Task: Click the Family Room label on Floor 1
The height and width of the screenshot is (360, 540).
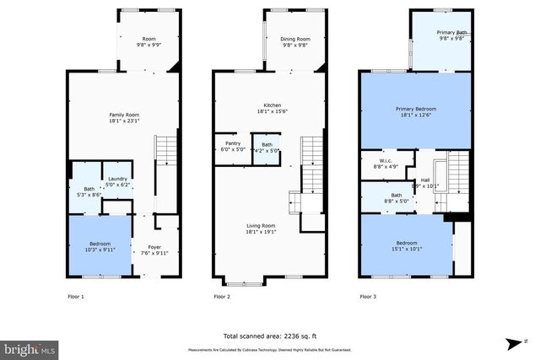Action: pos(124,117)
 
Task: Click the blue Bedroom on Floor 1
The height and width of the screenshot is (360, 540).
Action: pos(99,246)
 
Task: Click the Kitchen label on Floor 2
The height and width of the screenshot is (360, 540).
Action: pos(269,108)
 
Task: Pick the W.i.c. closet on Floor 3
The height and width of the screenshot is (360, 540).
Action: pos(386,164)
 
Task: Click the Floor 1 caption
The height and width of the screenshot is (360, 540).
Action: pos(76,297)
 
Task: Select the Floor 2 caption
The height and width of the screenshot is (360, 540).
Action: pos(222,297)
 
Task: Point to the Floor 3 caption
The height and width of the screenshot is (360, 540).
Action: pos(369,297)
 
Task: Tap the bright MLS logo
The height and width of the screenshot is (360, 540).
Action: pos(30,347)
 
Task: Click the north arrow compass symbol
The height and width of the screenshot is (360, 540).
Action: pos(512,344)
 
